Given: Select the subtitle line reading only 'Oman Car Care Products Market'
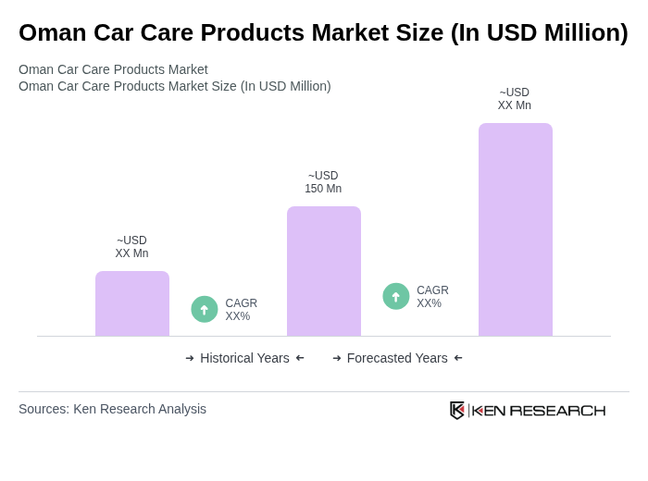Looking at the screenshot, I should [x=113, y=69].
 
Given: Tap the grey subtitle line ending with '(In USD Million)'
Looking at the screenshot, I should [x=175, y=86].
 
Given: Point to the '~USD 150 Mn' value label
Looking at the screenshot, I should [x=323, y=182].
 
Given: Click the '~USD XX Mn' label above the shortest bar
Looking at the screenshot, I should [x=131, y=247].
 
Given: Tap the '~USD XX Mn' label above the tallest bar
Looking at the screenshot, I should [x=515, y=99].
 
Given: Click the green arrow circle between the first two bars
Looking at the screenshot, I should [x=205, y=309].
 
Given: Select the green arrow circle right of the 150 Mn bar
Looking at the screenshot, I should [x=396, y=296].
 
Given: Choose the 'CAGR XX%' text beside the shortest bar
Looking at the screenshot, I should [x=241, y=310].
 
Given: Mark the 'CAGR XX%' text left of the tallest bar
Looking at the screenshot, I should [x=432, y=297].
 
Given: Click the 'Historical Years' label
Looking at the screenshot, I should [x=244, y=358].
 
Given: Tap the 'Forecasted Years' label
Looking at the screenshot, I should [x=397, y=358].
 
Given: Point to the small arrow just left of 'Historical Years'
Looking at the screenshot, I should [x=190, y=358].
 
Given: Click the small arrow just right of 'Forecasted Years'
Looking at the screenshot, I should [x=458, y=358].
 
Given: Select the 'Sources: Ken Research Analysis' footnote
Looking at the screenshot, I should [x=112, y=409].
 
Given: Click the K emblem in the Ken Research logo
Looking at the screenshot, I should [x=457, y=410].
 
